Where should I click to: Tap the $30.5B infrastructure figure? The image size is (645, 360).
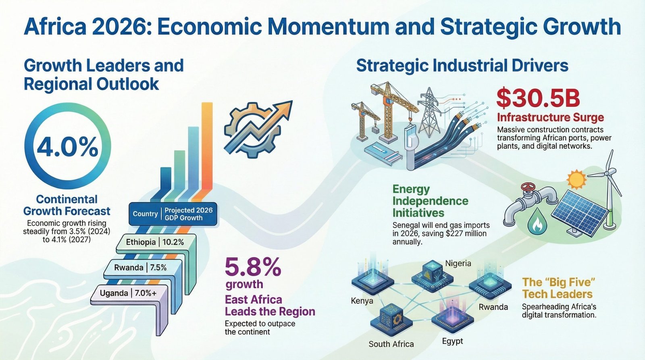point(538,99)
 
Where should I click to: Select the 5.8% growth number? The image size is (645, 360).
point(252,267)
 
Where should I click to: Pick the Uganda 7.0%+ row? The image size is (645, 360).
point(128,293)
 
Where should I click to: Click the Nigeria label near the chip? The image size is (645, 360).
point(458,263)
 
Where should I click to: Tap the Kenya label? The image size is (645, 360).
point(362,301)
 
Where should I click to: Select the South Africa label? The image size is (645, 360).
point(391,344)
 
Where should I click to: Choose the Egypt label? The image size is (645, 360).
point(452,341)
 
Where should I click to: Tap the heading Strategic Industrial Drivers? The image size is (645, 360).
point(462,66)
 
